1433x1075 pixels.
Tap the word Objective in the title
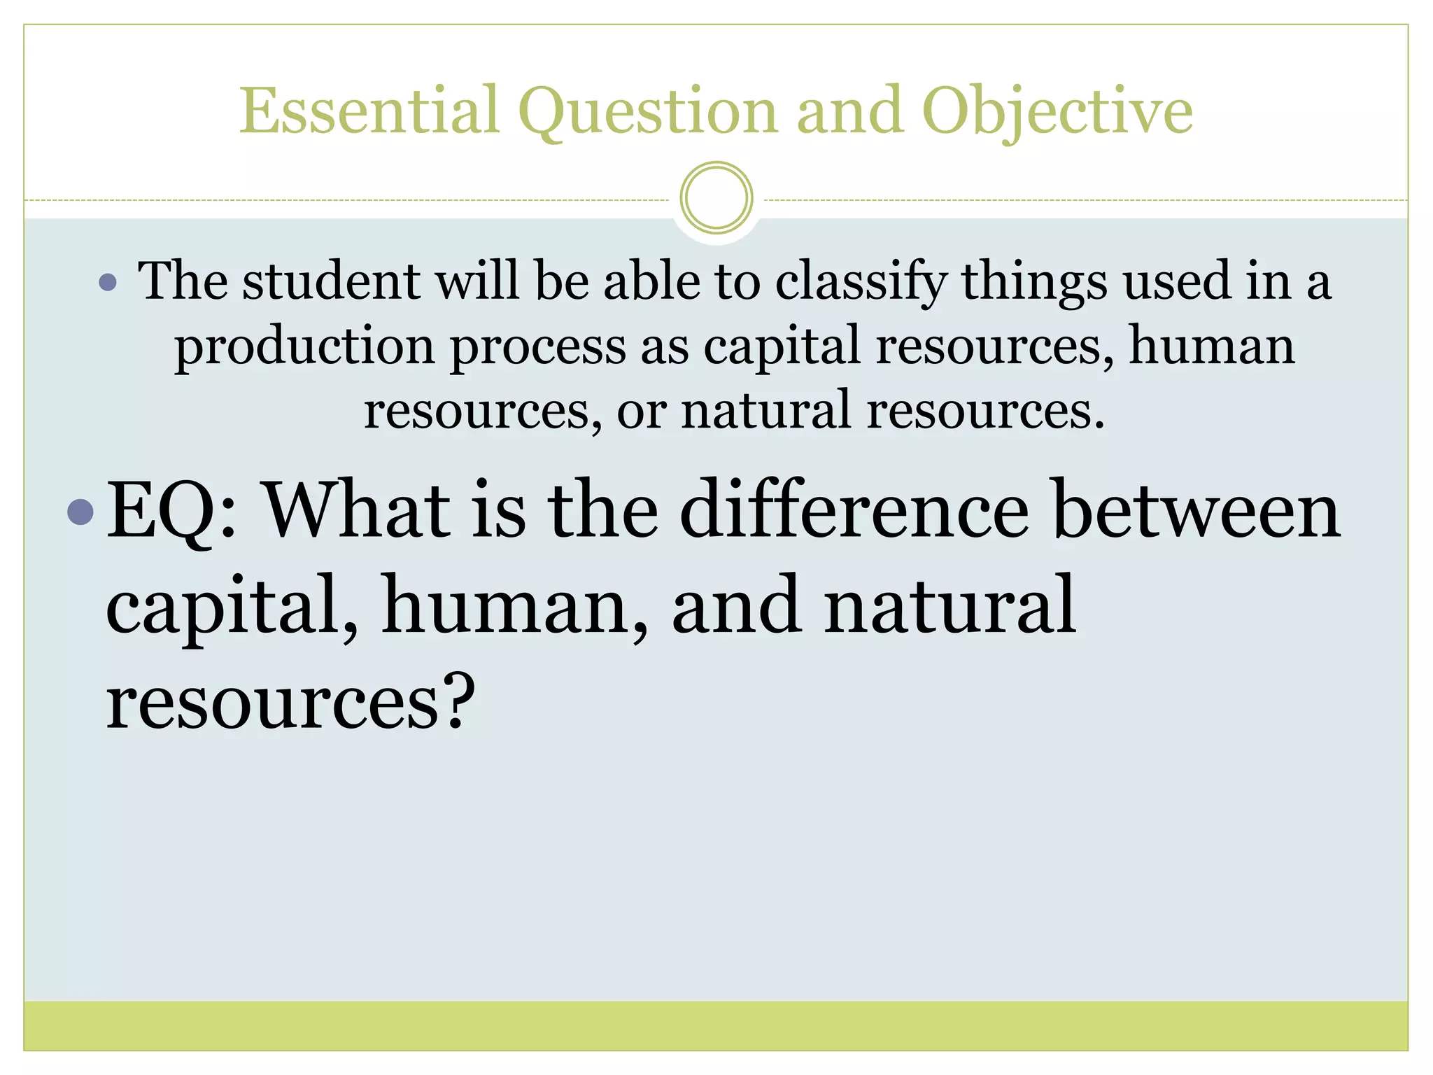coord(1057,112)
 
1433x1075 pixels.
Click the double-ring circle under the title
coord(716,198)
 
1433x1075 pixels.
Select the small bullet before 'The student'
coord(108,282)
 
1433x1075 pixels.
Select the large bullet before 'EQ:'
coord(80,512)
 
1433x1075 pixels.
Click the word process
coord(537,347)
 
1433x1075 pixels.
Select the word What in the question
coord(358,510)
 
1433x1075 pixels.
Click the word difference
coord(854,510)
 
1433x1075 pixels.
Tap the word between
coord(1196,512)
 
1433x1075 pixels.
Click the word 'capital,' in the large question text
coord(231,606)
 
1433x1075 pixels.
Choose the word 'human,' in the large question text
coord(514,606)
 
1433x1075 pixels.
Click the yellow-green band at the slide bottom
coord(716,1025)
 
